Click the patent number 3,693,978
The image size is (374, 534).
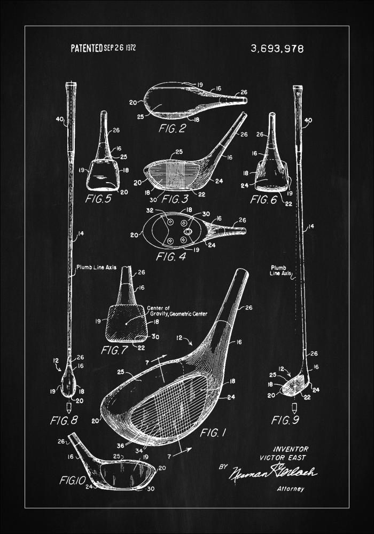coord(277,49)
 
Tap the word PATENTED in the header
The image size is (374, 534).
coord(87,48)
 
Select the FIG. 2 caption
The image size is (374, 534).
coord(172,128)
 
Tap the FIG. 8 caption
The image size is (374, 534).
coord(64,420)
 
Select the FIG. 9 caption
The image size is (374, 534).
coord(285,420)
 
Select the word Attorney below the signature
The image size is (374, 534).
coord(290,488)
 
